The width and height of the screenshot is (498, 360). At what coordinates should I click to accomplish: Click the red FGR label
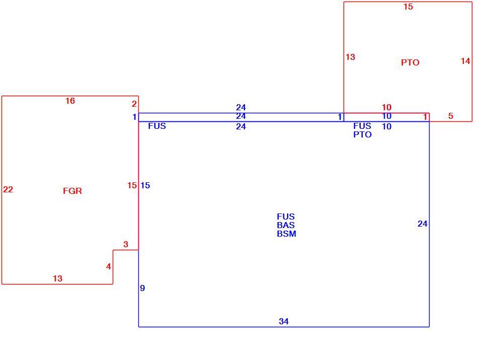(x=72, y=191)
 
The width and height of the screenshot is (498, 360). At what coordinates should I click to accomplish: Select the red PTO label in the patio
(x=410, y=62)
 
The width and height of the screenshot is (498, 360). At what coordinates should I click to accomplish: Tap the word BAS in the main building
(x=286, y=225)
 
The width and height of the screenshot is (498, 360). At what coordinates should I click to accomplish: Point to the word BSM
(x=287, y=234)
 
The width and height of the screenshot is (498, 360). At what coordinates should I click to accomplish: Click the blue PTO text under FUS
(x=362, y=134)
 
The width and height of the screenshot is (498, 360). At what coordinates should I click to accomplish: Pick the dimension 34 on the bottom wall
(x=284, y=321)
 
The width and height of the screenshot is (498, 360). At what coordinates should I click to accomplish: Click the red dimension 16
(x=70, y=101)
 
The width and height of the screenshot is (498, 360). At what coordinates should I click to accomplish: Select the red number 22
(x=8, y=189)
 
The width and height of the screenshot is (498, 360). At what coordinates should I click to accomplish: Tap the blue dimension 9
(x=142, y=288)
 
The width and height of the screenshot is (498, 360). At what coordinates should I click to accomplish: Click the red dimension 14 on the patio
(x=465, y=61)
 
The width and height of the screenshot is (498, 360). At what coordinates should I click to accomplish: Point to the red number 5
(x=451, y=116)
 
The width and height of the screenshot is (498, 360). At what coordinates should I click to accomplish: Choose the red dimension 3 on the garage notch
(x=126, y=244)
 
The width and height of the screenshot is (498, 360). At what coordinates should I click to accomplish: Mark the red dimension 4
(x=109, y=266)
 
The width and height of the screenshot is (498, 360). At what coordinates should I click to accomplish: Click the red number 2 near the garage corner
(x=134, y=104)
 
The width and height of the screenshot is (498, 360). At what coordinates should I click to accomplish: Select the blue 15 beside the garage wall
(x=145, y=185)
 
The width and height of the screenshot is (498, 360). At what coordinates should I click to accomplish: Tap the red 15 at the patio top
(x=408, y=7)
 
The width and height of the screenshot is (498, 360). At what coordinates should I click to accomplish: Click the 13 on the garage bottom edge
(x=57, y=278)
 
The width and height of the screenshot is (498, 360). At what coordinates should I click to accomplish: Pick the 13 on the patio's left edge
(x=350, y=57)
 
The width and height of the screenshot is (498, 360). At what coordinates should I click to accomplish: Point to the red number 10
(x=386, y=107)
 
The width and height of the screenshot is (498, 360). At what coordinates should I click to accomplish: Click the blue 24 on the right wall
(x=423, y=224)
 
